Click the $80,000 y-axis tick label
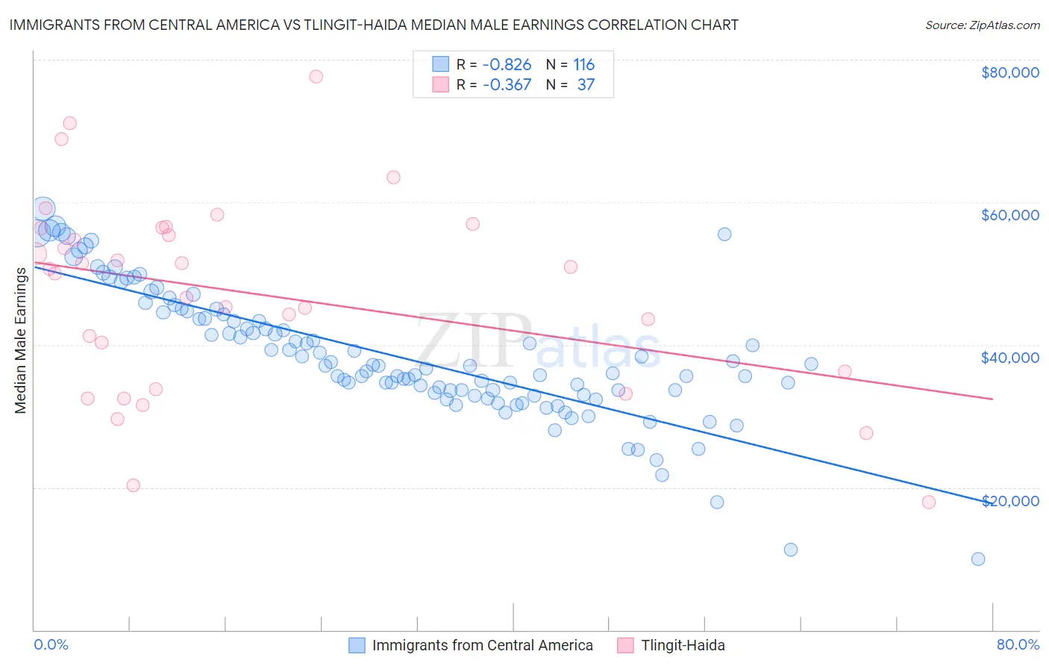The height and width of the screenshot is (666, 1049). coord(1009,72)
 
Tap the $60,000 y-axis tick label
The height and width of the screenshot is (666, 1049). coord(1009,215)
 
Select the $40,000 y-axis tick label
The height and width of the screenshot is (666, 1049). coord(1009,358)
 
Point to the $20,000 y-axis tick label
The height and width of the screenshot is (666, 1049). coord(1009,500)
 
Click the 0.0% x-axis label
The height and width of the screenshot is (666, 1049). coord(51,645)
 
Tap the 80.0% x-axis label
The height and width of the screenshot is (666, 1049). coord(1018,645)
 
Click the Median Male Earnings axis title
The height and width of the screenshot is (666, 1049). coord(20,340)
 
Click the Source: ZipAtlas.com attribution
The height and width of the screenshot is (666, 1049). coord(982,25)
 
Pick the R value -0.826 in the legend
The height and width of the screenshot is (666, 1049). coord(507,64)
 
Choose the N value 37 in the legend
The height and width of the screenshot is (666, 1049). coord(586,84)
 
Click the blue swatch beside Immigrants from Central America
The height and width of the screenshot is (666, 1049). coord(357,645)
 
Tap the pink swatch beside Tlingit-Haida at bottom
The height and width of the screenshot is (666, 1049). coord(625,645)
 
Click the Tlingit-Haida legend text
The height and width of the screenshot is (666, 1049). coord(683,645)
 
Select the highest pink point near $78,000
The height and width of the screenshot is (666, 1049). coord(316,76)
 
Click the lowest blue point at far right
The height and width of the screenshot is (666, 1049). coord(978,559)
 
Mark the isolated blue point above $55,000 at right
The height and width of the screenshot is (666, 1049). coord(724,234)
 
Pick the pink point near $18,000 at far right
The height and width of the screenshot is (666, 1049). coord(929,502)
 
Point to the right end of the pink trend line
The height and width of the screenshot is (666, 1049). coord(993,399)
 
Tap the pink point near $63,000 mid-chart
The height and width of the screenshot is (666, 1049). coord(393,177)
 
